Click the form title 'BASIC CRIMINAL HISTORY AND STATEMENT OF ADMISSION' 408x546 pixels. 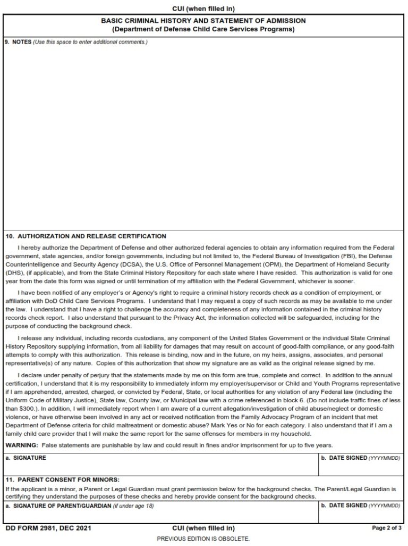tap(203, 21)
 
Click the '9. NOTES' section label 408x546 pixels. tap(18, 42)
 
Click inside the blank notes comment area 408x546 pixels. tap(203, 133)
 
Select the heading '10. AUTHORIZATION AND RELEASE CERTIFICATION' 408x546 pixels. tap(86, 236)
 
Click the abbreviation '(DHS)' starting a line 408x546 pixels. tap(14, 272)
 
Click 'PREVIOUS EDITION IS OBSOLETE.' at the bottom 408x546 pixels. tap(203, 538)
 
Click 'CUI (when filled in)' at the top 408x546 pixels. tap(203, 9)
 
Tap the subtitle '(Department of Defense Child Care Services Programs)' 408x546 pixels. tap(203, 29)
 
